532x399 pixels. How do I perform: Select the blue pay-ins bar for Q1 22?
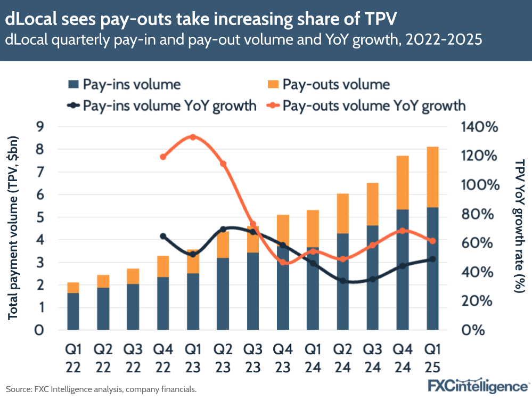click(x=73, y=311)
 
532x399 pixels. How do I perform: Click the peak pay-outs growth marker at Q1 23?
click(x=193, y=137)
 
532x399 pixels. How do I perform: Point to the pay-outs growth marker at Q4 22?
click(x=163, y=157)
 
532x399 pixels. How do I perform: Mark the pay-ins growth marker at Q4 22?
click(x=163, y=236)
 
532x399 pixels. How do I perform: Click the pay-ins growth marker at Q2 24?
click(x=343, y=281)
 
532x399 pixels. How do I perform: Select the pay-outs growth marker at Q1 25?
click(x=432, y=241)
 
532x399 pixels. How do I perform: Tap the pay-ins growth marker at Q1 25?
click(x=432, y=259)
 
